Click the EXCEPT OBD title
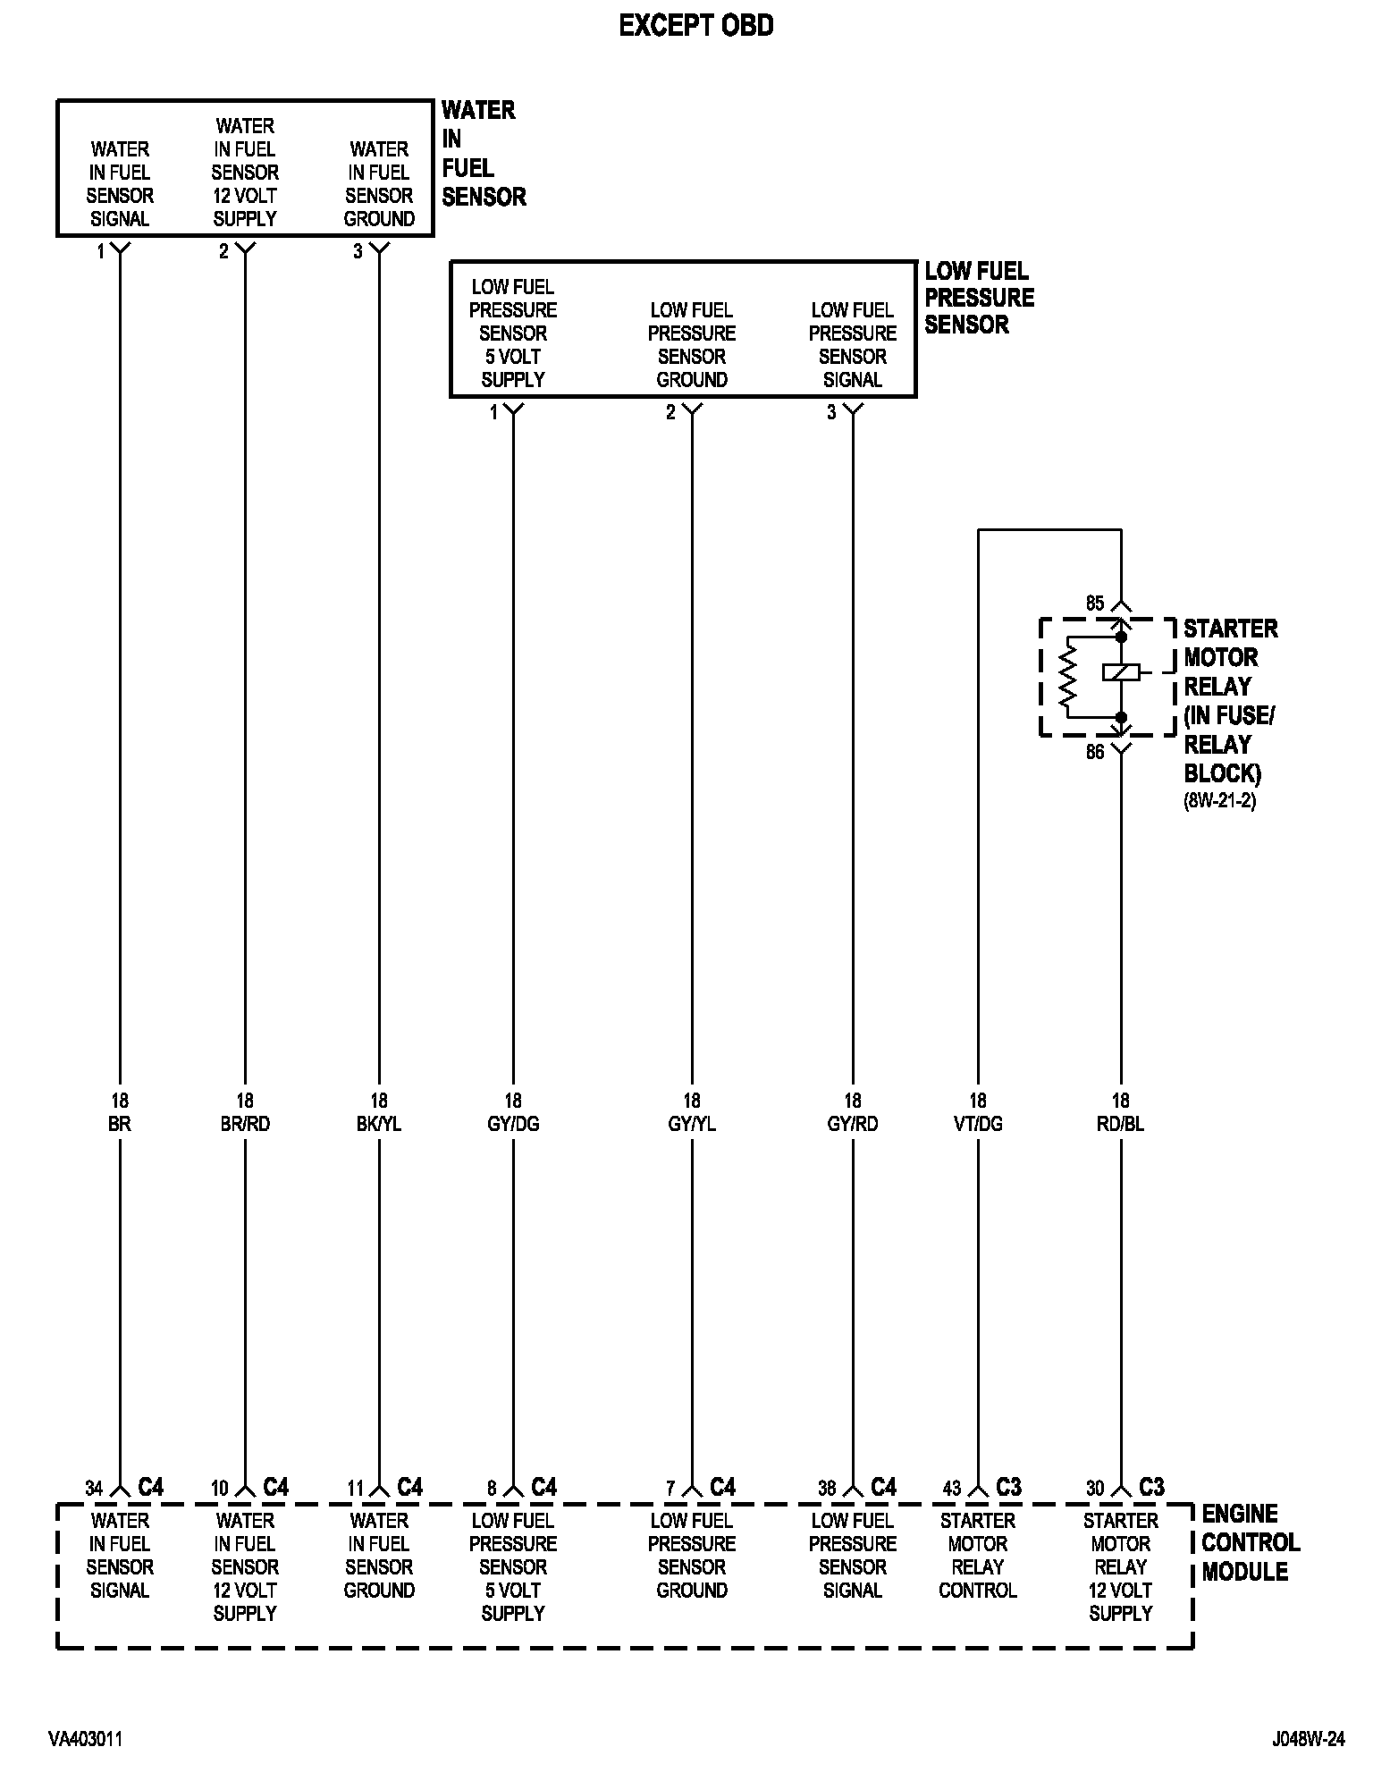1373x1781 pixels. [696, 27]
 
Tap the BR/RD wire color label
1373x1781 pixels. [245, 1124]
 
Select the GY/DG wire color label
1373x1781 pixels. [513, 1124]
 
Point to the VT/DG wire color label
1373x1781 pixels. [978, 1124]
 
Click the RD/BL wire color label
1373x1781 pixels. [1120, 1124]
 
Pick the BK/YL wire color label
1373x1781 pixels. [379, 1124]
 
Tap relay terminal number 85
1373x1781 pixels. [1095, 604]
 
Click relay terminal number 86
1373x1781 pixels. [1095, 752]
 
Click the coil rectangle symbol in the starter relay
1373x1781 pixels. [1121, 671]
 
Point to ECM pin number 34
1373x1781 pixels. [94, 1489]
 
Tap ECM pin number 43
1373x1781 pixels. [952, 1489]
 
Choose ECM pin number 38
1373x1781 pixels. [827, 1489]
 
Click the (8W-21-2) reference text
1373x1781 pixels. [1220, 802]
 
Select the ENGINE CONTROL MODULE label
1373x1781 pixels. [1250, 1542]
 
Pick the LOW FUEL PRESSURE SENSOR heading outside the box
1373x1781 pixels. [979, 298]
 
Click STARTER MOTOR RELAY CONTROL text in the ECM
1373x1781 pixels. [978, 1555]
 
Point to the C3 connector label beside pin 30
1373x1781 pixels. [1151, 1487]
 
